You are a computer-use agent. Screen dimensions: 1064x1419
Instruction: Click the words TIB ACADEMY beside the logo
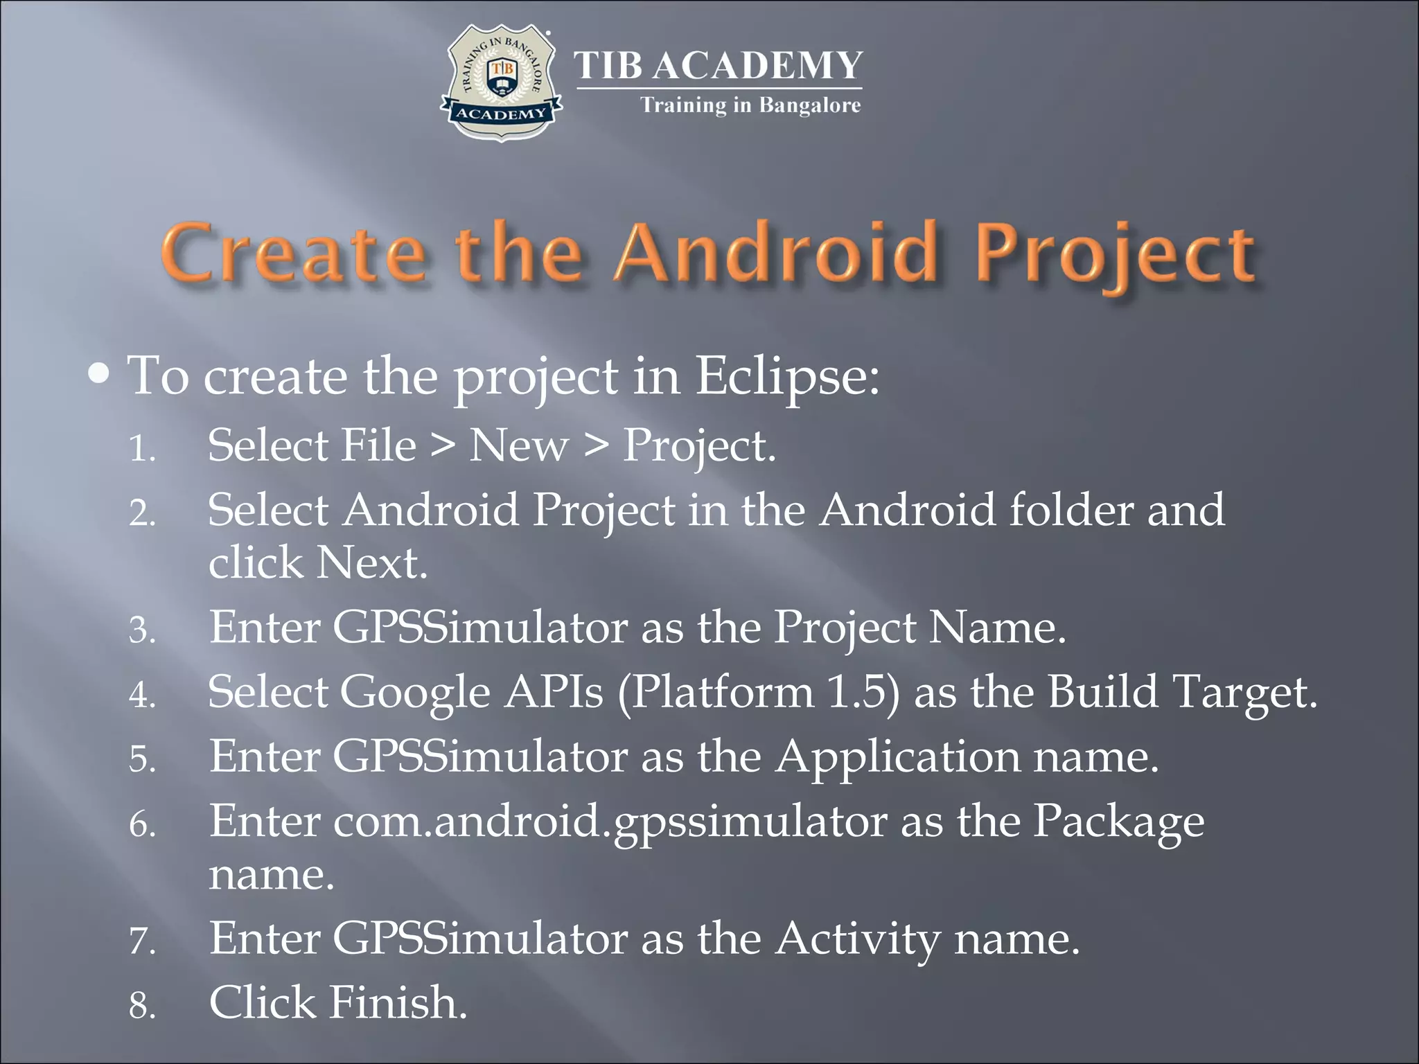pos(719,66)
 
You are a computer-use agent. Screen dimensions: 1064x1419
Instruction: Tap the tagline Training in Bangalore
pos(750,105)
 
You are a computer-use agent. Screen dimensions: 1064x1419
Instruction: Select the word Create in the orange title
pos(294,254)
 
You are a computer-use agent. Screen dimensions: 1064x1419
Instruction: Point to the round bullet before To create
pos(100,375)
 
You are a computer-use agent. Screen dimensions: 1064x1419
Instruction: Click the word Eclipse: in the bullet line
pos(787,376)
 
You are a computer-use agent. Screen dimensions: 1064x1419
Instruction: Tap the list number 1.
pos(141,449)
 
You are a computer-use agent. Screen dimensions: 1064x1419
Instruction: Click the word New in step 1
pos(518,445)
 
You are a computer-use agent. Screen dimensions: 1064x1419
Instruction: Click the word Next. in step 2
pos(371,562)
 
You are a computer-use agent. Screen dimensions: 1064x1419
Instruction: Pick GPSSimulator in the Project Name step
pos(480,628)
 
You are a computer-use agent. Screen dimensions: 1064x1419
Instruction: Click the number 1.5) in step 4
pos(863,692)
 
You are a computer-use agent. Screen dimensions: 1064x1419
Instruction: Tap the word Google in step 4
pos(414,693)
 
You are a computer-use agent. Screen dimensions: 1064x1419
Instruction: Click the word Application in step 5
pos(897,756)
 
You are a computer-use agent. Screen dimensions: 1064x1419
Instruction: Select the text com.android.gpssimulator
pos(610,822)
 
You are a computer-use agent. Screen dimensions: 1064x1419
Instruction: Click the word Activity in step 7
pos(857,939)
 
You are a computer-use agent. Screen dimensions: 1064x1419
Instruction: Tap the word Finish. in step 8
pos(398,1003)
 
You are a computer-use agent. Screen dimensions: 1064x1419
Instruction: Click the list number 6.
pos(141,825)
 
